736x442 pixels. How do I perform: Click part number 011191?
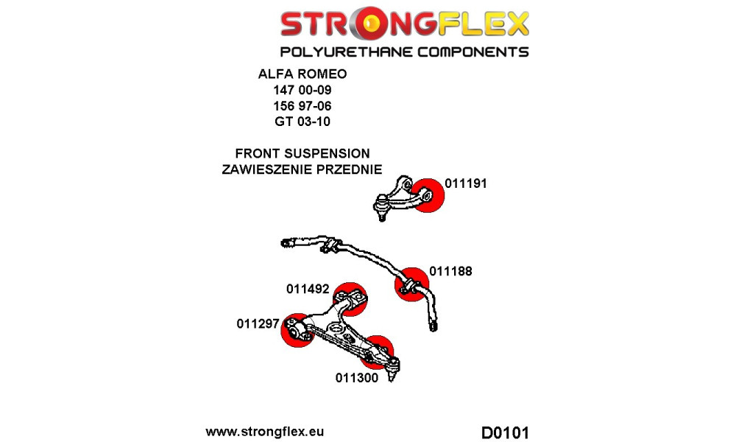[466, 184]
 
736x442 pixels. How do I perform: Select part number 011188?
[450, 271]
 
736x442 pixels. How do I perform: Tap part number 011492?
[308, 290]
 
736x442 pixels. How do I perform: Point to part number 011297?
[258, 323]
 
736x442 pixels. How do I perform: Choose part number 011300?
[356, 379]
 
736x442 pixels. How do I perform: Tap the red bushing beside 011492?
[350, 298]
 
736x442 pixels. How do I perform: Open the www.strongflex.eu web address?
[265, 432]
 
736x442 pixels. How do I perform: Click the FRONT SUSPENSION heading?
[302, 154]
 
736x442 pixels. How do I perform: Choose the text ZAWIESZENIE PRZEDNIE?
[302, 169]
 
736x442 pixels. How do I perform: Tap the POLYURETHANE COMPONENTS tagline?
[404, 52]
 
